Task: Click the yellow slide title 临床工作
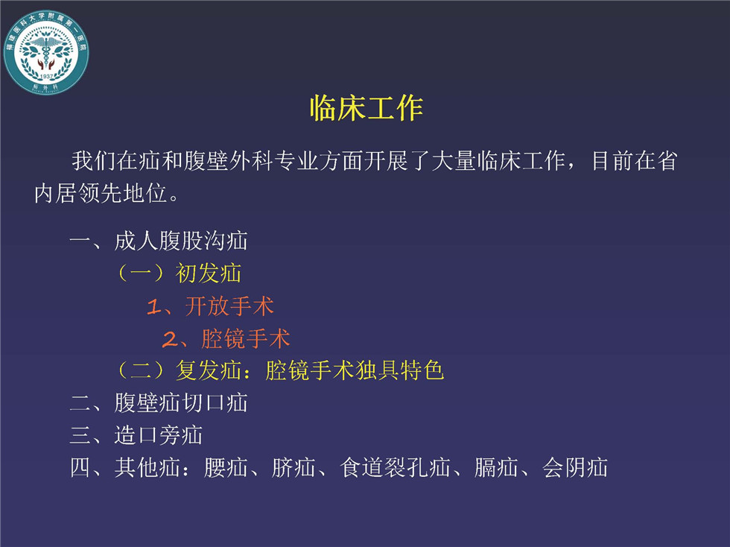coord(366,109)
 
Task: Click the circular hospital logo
coord(46,52)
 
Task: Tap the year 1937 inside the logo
coord(46,77)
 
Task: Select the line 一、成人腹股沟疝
coord(158,241)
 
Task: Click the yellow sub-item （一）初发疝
coord(180,273)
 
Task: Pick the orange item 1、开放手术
coord(210,306)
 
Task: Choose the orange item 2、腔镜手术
coord(226,339)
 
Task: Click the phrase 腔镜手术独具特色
coord(355,371)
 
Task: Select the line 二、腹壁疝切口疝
coord(158,403)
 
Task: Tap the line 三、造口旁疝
coord(136,436)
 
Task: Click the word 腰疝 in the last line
coord(225,468)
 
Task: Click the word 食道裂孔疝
coord(396,468)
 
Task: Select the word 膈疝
coord(496,468)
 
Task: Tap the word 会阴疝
coord(575,468)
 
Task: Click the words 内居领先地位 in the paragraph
coord(101,193)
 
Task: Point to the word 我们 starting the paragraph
coord(94,161)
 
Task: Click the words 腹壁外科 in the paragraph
coord(228,161)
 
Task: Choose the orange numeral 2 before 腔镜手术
coord(170,339)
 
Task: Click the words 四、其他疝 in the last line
coord(125,468)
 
